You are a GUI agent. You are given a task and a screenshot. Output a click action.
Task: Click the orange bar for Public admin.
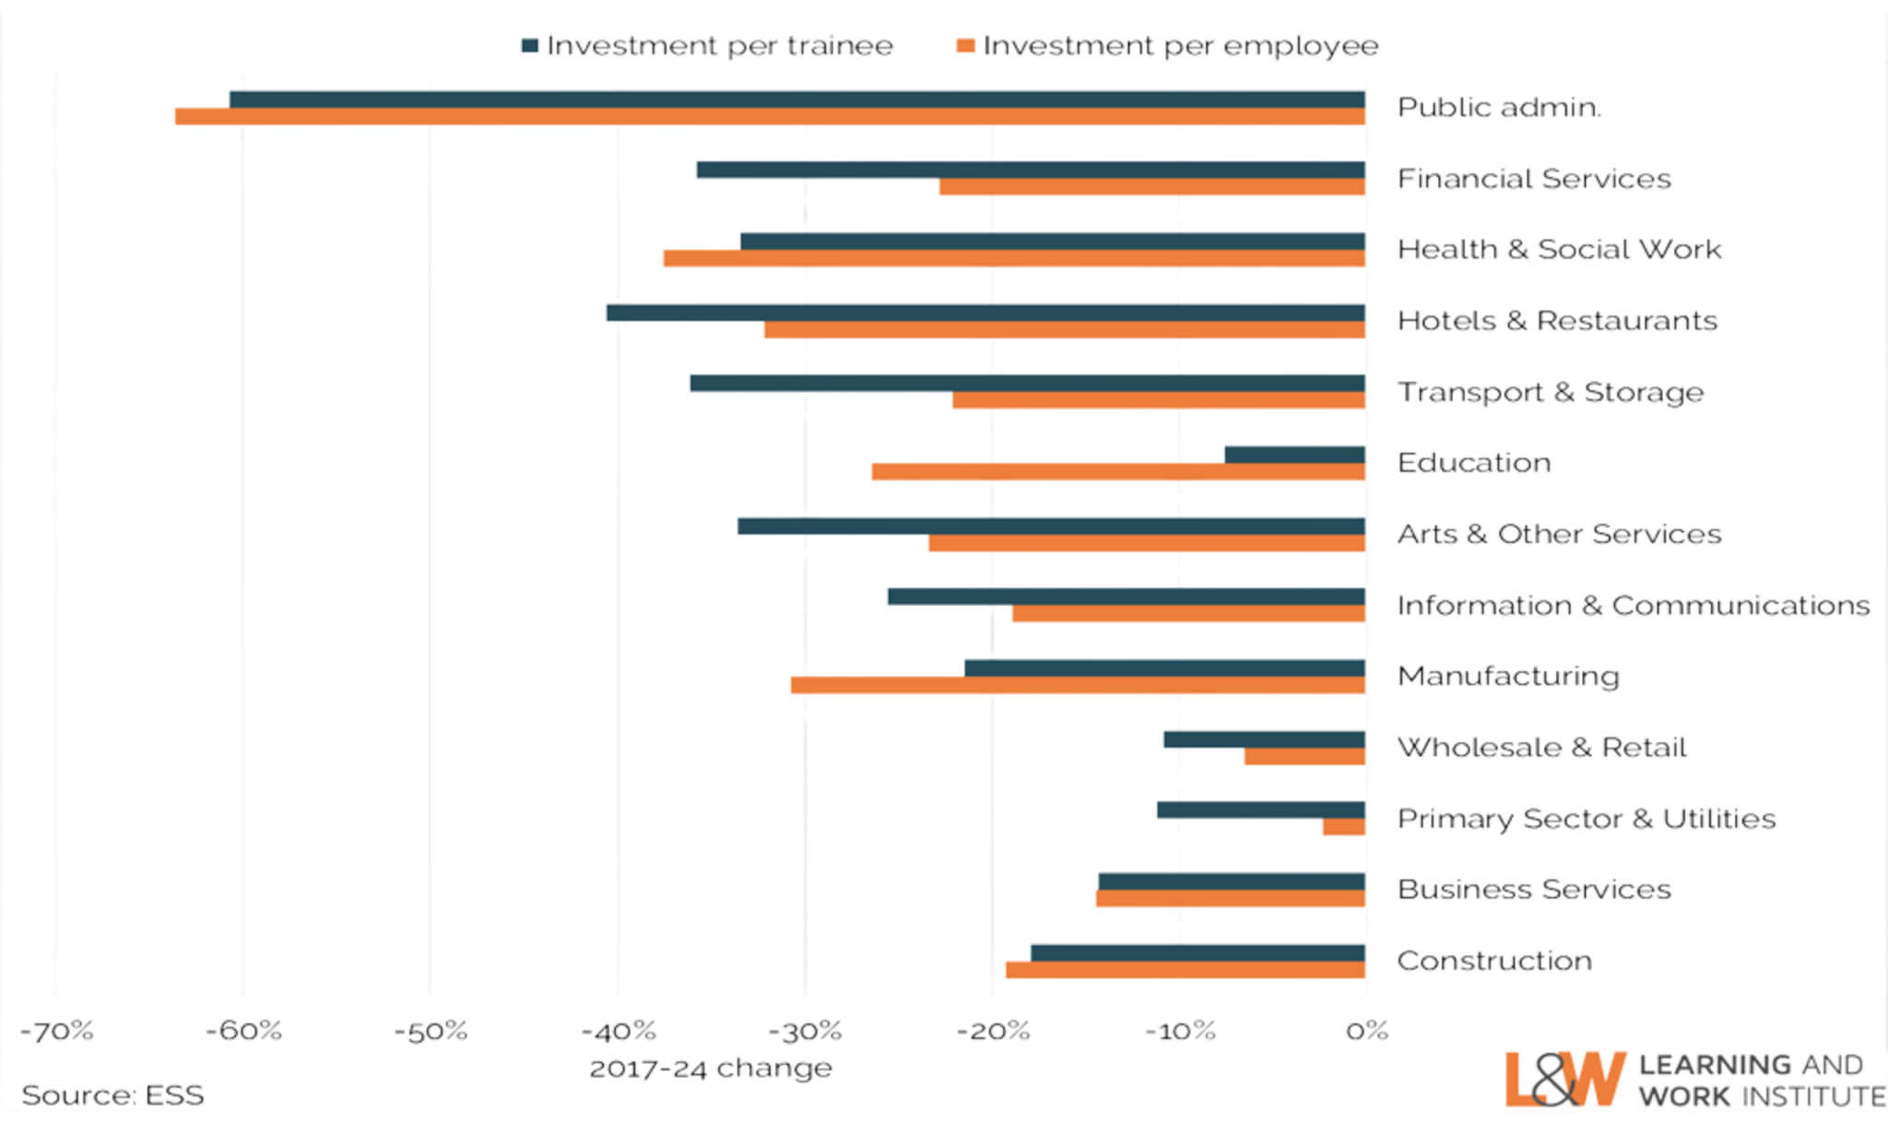(770, 117)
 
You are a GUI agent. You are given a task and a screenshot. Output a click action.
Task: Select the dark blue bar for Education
(1294, 454)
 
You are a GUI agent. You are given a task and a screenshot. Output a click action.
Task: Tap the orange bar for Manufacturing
(1077, 685)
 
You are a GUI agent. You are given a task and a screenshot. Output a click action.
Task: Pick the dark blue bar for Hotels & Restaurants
(985, 313)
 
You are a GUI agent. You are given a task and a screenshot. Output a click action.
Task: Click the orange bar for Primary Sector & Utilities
(1343, 828)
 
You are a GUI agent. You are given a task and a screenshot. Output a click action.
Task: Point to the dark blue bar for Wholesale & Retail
(1264, 739)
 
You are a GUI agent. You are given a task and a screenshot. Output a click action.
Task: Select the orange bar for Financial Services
(1151, 188)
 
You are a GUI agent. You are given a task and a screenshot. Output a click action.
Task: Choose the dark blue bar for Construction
(1197, 951)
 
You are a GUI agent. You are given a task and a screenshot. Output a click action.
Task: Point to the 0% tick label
(1367, 1030)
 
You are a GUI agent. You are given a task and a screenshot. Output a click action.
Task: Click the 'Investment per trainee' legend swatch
(530, 45)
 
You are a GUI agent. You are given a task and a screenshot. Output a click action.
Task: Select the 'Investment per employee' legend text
(1181, 46)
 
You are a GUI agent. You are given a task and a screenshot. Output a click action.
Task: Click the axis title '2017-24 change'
(711, 1069)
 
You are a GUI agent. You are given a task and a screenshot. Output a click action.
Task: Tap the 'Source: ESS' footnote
(112, 1095)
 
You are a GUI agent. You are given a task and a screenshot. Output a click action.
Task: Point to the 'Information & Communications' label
(1634, 606)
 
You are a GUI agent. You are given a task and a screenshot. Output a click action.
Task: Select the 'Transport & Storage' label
(1551, 392)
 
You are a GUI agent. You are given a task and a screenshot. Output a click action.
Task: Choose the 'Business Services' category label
(1534, 890)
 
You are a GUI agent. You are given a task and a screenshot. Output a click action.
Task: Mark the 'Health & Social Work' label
(1560, 249)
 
